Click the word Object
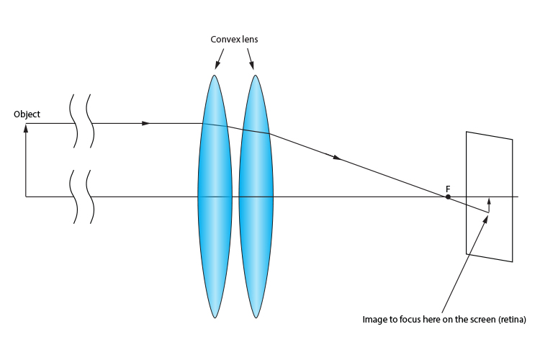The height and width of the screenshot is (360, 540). (27, 114)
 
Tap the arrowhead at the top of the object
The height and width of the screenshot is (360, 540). (26, 127)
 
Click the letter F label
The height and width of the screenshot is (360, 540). (448, 188)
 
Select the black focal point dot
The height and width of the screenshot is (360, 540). (448, 197)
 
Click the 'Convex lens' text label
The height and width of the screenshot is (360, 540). (234, 40)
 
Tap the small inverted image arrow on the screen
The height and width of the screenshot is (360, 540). (488, 204)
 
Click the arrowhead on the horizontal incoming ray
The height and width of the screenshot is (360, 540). (146, 123)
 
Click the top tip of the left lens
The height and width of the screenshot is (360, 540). (215, 74)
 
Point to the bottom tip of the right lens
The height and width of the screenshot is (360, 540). (256, 317)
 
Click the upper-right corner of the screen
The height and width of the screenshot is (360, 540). (512, 139)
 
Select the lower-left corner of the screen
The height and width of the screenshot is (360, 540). (467, 253)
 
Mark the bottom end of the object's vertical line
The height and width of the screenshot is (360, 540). (26, 197)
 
